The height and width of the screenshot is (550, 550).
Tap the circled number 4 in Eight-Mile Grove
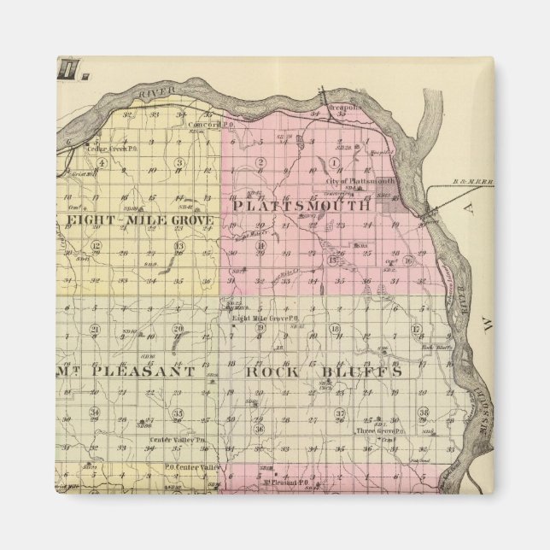click(101, 162)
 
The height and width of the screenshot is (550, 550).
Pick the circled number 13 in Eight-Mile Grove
click(179, 247)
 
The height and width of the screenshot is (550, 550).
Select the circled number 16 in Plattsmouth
click(408, 261)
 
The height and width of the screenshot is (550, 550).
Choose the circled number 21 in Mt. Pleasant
click(96, 330)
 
